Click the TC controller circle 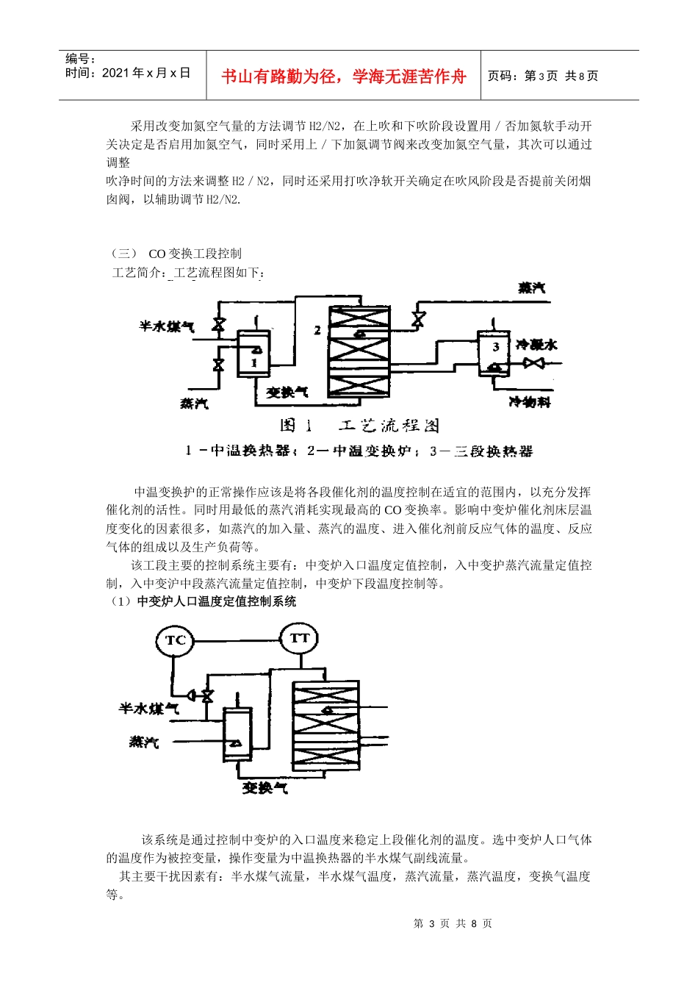point(174,640)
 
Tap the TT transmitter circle point(299,638)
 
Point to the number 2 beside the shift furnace point(317,331)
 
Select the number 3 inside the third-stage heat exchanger point(496,346)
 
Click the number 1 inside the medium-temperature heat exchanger point(253,362)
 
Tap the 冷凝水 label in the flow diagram point(536,345)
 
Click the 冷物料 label point(529,402)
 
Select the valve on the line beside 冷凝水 point(533,362)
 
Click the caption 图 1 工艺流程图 point(359,426)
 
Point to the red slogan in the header point(344,76)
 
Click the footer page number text point(453,923)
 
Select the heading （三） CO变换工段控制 point(176,254)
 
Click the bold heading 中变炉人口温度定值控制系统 point(217,601)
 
